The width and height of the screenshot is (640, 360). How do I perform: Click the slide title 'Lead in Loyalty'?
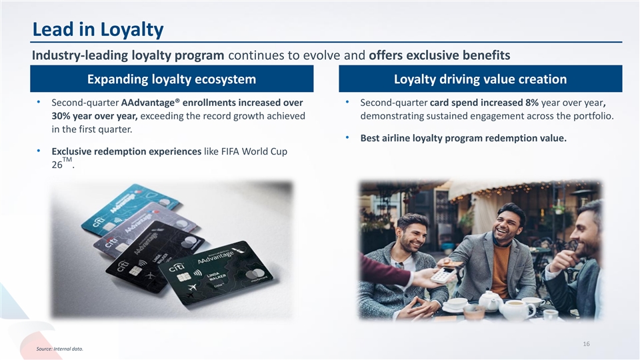(x=98, y=29)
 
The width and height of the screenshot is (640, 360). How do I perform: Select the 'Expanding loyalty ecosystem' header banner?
(x=172, y=79)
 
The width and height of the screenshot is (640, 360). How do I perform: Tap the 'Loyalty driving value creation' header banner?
(x=481, y=79)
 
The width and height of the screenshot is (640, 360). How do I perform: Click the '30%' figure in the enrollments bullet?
(x=61, y=116)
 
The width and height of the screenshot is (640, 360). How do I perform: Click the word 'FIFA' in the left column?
(x=230, y=151)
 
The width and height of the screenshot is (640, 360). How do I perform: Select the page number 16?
(x=586, y=344)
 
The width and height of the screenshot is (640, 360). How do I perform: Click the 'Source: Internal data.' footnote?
(x=59, y=349)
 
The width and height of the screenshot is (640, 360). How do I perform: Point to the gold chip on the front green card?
(x=184, y=277)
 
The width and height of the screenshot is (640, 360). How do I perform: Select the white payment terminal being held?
(x=443, y=275)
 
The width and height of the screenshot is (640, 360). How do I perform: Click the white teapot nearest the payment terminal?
(x=490, y=301)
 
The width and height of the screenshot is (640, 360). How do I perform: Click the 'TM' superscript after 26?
(x=67, y=159)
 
